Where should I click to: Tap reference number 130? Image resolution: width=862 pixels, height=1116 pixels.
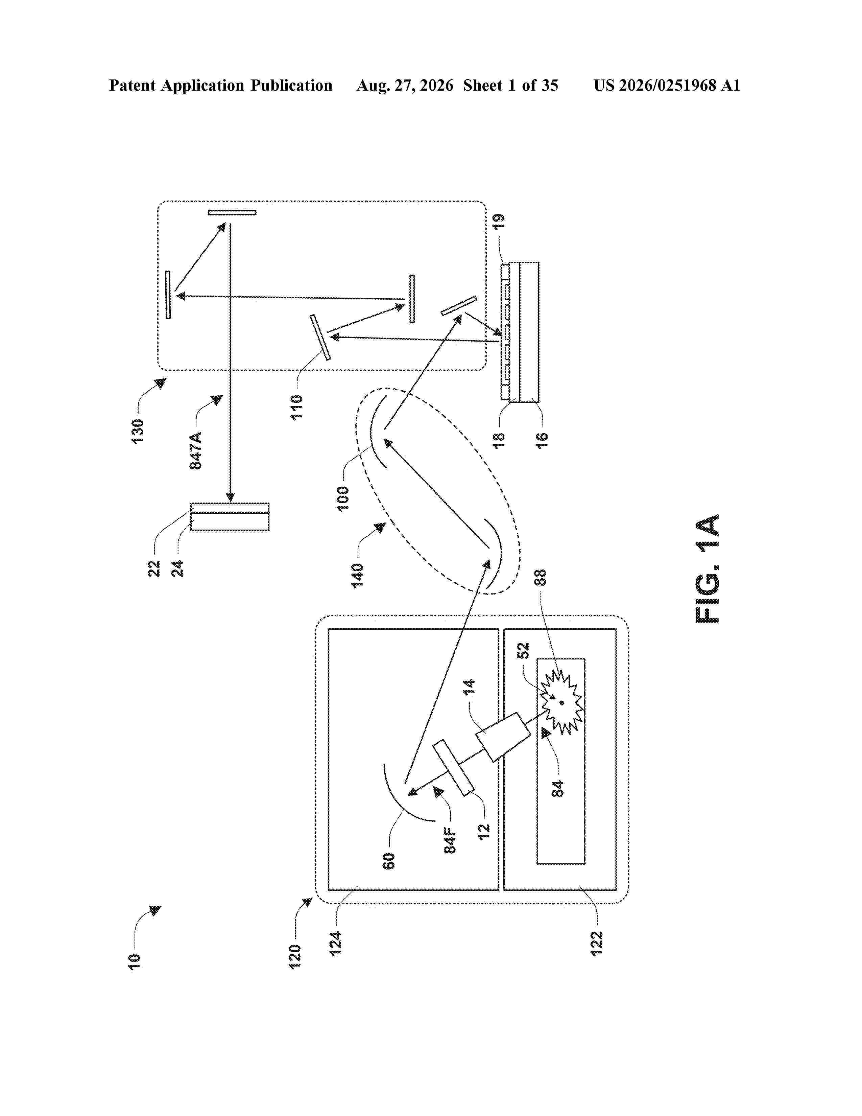pyautogui.click(x=138, y=431)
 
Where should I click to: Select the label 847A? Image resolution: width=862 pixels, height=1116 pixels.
pyautogui.click(x=196, y=450)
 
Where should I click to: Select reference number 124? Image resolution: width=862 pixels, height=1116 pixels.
pyautogui.click(x=336, y=944)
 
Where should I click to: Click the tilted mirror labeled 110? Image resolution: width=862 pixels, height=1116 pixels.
pyautogui.click(x=320, y=337)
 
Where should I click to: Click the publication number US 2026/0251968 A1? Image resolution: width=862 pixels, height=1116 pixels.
pyautogui.click(x=667, y=85)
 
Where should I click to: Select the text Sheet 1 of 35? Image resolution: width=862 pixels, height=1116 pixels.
pyautogui.click(x=511, y=85)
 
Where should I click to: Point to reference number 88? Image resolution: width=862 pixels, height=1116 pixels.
pyautogui.click(x=540, y=577)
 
